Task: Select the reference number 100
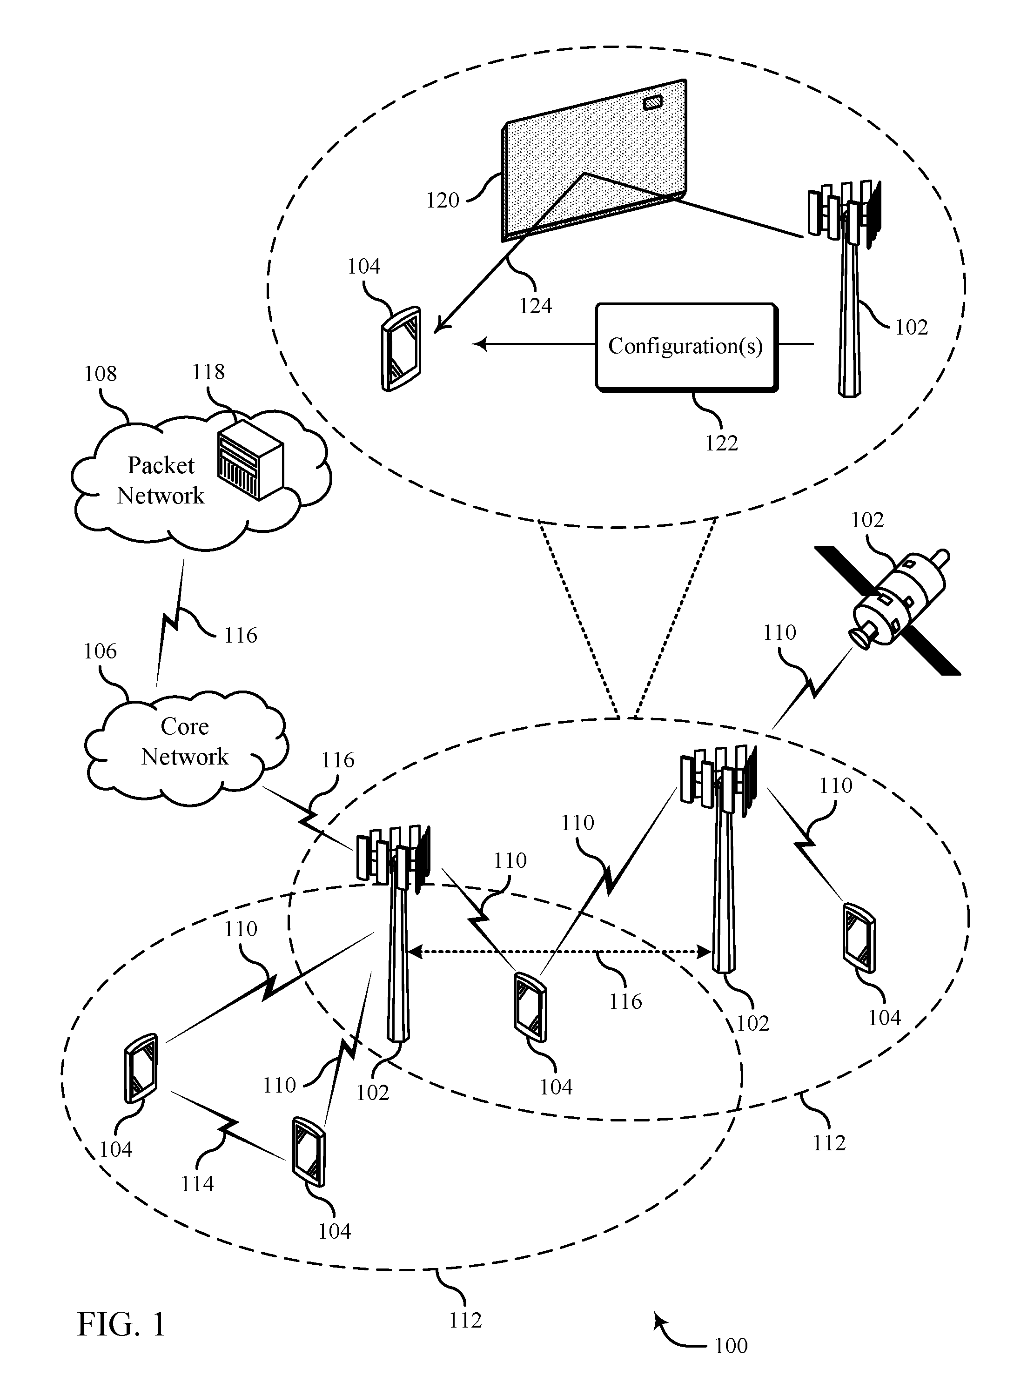point(731,1345)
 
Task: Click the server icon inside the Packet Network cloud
point(250,459)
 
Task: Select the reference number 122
point(722,443)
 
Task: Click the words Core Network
point(185,741)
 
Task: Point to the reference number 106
point(100,651)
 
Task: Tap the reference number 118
point(208,372)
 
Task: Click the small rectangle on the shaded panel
point(653,101)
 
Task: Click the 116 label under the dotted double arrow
point(625,1001)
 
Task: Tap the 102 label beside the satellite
point(867,520)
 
